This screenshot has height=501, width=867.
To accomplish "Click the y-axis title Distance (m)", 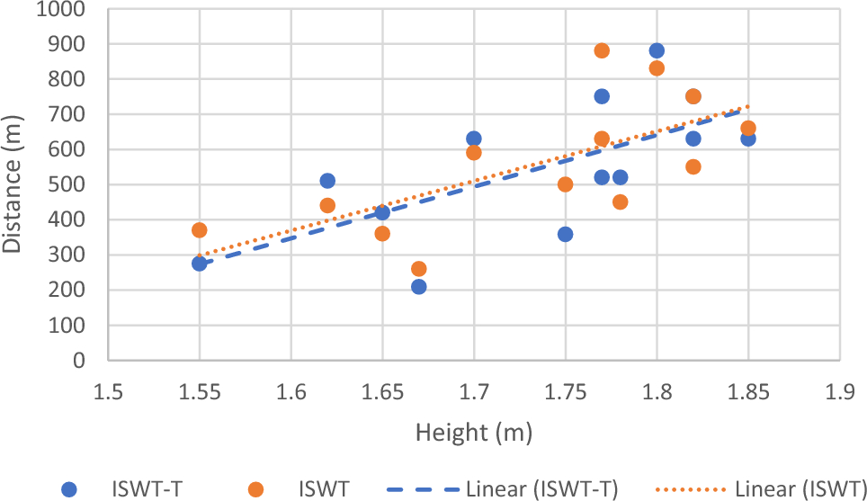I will tap(13, 184).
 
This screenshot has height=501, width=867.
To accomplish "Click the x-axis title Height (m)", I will tap(473, 433).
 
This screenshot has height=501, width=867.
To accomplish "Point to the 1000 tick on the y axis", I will tap(63, 10).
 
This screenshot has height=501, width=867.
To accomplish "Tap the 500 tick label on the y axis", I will tap(70, 185).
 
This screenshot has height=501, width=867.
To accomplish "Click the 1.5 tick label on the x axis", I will tap(108, 392).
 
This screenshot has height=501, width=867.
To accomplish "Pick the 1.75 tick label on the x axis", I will tap(565, 392).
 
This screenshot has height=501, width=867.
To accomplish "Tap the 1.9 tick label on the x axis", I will tap(839, 392).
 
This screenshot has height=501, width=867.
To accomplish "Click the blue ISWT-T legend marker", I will tap(69, 488).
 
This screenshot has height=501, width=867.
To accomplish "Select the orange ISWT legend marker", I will tap(256, 488).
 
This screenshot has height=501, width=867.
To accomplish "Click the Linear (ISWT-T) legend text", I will tap(542, 488).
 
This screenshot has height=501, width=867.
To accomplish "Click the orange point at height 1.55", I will tap(199, 230).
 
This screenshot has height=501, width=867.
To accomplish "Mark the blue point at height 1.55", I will tap(199, 264).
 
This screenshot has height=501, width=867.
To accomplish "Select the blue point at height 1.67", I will tap(418, 287).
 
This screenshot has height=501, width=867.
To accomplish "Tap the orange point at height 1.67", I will tap(418, 269).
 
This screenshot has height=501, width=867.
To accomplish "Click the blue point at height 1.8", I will tap(657, 50).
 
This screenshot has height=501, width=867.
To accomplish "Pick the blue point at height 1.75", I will tap(565, 234).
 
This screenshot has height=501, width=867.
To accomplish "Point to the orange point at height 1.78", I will tap(620, 202).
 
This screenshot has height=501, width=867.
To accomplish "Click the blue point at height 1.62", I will tap(327, 181).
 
